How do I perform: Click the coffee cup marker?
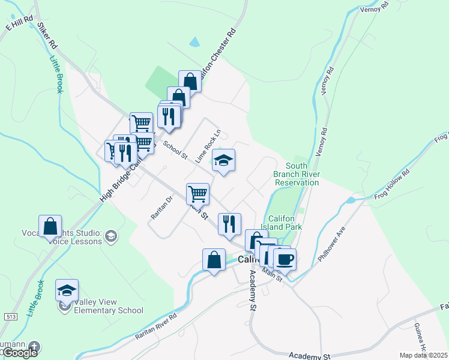(285, 260)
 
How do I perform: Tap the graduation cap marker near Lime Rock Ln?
(223, 160)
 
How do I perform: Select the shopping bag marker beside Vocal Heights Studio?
(50, 227)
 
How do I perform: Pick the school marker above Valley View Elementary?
(67, 290)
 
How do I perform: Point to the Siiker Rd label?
(47, 36)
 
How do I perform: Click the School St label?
(175, 150)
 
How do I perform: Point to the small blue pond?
(194, 43)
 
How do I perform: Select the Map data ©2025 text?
(423, 355)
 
